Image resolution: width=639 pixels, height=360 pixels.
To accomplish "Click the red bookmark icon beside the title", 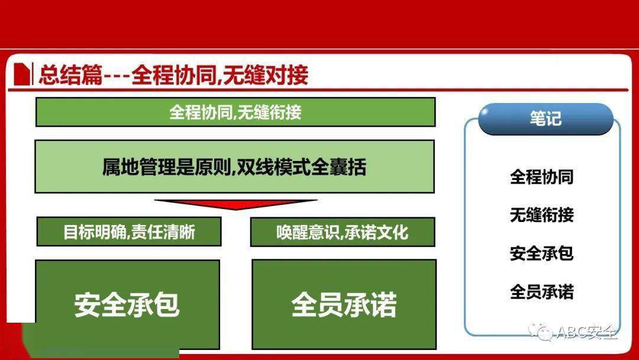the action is coord(22,74).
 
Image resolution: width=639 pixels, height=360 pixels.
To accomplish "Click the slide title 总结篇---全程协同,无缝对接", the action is coord(173,75).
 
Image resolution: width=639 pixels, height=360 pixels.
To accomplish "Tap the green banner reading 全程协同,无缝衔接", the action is coord(235,112).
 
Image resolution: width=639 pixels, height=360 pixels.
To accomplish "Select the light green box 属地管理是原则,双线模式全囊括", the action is coord(235,166).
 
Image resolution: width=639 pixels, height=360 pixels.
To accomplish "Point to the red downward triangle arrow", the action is coord(235,204).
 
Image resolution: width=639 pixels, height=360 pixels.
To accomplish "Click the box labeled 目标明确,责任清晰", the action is coord(129,232).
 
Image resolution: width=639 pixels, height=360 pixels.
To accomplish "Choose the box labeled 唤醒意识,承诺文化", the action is coord(343,232).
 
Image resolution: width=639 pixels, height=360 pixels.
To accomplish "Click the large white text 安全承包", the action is coord(127,304).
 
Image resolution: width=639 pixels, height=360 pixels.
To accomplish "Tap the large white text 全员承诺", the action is coord(344,304).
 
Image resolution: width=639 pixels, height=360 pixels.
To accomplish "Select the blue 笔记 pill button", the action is coord(546,118).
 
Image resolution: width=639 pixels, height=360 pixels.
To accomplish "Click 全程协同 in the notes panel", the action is coord(542,177).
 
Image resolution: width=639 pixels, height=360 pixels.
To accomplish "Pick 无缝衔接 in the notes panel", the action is coord(542,215).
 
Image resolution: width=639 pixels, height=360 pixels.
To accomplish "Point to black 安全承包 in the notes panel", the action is coord(542,253).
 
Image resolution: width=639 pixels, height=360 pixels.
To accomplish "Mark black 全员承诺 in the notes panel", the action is coord(542,292).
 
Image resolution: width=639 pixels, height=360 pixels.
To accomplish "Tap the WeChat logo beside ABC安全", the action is coord(541,331).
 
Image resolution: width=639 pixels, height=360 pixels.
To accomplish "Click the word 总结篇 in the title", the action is coord(70,75).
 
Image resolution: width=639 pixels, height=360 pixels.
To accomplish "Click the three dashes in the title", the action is coord(117,76).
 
